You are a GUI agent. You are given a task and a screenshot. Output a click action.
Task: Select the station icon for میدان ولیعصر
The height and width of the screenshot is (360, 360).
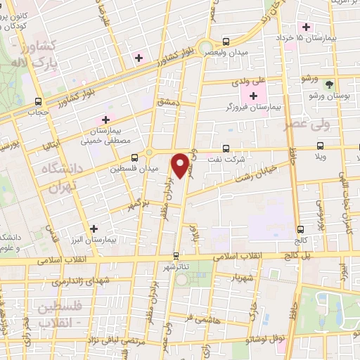click(226, 41)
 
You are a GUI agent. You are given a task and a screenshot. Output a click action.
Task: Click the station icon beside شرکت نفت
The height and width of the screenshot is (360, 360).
click(225, 148)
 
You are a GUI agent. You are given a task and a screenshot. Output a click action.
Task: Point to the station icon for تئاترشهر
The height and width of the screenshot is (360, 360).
click(176, 256)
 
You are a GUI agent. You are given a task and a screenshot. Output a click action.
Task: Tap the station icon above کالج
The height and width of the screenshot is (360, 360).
click(300, 229)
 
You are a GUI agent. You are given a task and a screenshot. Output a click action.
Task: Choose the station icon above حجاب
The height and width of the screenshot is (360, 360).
click(37, 101)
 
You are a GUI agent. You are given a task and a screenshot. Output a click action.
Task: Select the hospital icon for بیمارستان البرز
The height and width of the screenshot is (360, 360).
click(94, 228)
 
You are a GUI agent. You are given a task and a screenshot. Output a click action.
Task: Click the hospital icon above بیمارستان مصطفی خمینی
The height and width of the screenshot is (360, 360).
click(107, 119)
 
